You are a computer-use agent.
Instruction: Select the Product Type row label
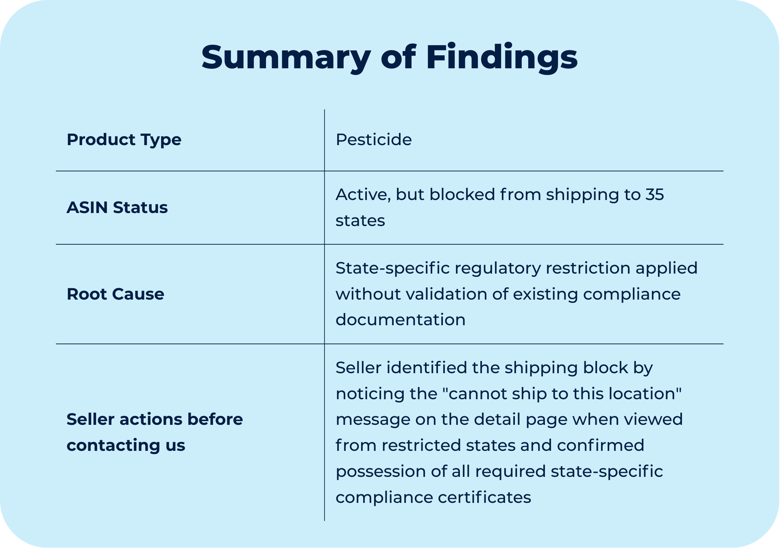coord(124,139)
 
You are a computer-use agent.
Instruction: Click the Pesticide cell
coord(373,139)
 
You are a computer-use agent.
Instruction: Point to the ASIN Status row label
coord(117,207)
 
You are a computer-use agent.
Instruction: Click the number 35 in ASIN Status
coord(654,194)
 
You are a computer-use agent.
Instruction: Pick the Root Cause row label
coord(115,294)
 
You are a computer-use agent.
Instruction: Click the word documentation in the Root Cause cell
coord(400,320)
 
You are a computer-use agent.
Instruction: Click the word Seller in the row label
coord(90,419)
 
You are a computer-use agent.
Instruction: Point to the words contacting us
coord(126,445)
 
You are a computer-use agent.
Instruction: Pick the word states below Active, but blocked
coord(360,220)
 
